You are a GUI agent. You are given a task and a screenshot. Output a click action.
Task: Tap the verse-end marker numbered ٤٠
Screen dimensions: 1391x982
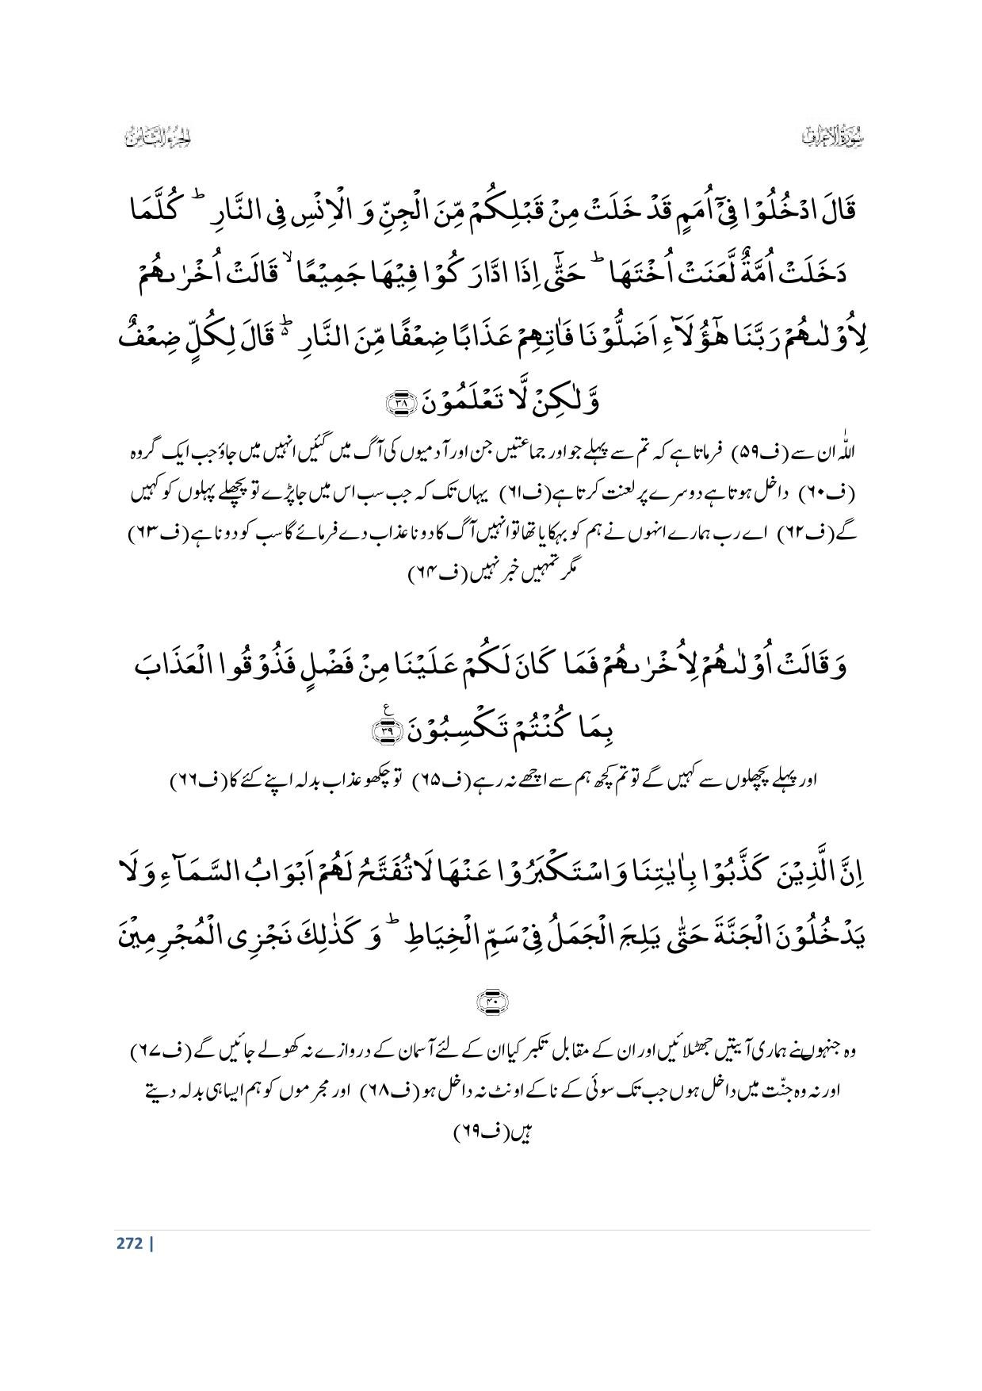pyautogui.click(x=492, y=1002)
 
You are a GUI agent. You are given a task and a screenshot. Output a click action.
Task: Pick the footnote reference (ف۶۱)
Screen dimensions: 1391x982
pyautogui.click(x=519, y=493)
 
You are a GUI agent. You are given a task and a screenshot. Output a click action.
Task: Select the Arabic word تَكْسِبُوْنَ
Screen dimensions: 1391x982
pyautogui.click(x=461, y=728)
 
